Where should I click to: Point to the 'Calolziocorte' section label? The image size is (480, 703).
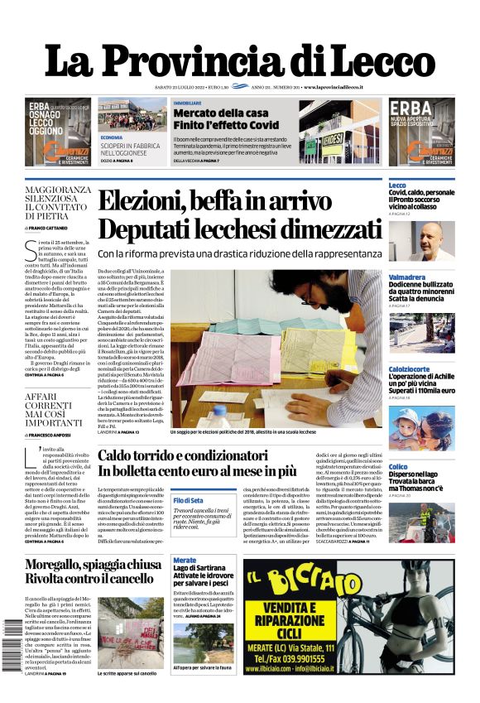tap(409, 368)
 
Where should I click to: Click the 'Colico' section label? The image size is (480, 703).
tap(398, 466)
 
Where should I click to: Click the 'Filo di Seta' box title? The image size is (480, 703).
tap(189, 501)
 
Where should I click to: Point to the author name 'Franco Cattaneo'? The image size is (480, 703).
tap(49, 228)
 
